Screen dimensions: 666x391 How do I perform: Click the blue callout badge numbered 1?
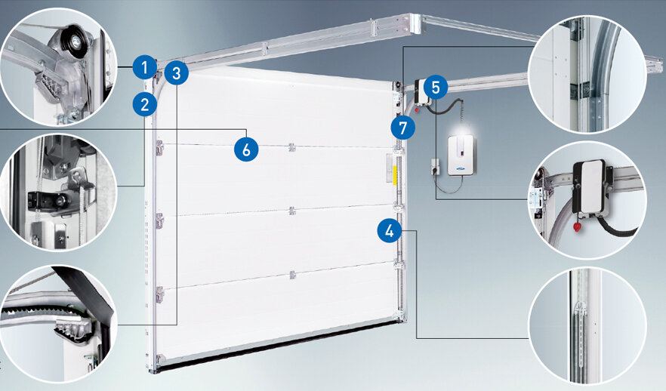(145, 67)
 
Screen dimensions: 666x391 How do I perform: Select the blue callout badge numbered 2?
(145, 104)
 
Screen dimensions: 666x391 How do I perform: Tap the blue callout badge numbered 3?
(177, 72)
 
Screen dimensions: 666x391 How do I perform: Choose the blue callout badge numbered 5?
(436, 87)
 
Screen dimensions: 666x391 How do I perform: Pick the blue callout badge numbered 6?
(246, 149)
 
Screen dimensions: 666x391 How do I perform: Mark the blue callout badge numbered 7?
(403, 128)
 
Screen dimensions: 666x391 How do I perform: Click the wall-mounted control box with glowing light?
(461, 155)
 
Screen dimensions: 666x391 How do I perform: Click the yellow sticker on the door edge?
(395, 176)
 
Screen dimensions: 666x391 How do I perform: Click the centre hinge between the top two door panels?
(291, 147)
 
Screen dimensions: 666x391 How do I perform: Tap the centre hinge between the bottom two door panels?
(292, 275)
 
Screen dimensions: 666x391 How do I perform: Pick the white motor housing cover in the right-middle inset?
(590, 186)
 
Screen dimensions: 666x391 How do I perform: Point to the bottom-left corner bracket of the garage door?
(159, 361)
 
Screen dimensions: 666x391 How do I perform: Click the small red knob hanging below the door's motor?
(417, 110)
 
